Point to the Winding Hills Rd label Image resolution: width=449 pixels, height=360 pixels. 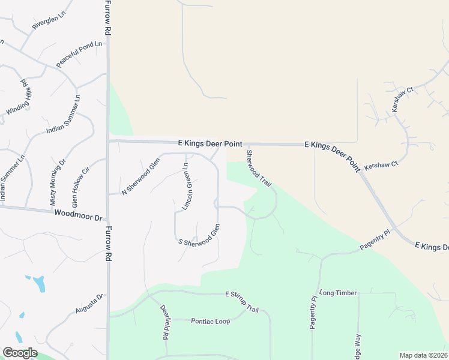coord(17,97)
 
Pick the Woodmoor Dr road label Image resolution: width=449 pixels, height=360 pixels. coord(78,214)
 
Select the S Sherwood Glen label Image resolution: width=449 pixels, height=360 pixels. coord(199,234)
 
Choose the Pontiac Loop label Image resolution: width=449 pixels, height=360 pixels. coord(211,322)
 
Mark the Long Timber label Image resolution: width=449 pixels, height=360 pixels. coord(339,293)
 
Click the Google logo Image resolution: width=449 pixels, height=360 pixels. coord(20,352)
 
